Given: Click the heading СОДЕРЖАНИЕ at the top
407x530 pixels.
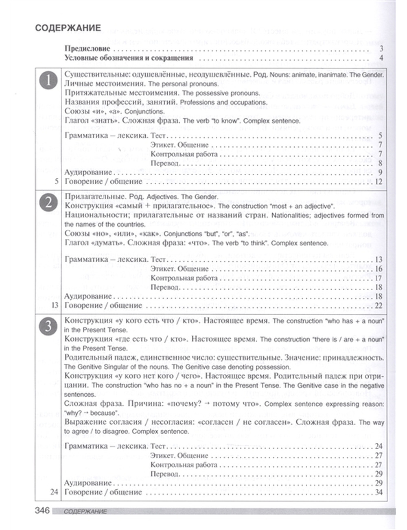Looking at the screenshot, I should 68,28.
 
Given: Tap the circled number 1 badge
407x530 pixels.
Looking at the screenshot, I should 48,81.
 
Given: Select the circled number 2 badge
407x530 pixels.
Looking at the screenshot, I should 48,203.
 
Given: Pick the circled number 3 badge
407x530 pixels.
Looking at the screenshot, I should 48,326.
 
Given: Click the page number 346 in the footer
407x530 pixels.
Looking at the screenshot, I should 42,510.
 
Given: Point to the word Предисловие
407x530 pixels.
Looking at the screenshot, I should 88,49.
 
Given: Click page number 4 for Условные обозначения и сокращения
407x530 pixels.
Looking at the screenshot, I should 381,58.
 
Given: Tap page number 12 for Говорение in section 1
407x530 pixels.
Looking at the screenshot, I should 379,181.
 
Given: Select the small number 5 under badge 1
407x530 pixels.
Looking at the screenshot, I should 57,181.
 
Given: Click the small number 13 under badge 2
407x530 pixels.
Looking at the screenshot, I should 55,305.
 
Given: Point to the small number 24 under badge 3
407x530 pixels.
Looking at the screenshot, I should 55,492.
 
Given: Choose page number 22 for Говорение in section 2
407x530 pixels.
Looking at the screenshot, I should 379,305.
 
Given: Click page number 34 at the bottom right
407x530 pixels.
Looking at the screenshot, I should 379,492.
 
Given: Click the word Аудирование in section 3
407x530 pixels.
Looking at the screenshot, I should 88,483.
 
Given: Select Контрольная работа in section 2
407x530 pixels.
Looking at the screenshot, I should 184,278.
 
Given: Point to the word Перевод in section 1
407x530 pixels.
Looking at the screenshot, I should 164,163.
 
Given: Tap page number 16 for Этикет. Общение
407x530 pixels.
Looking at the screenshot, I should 379,269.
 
